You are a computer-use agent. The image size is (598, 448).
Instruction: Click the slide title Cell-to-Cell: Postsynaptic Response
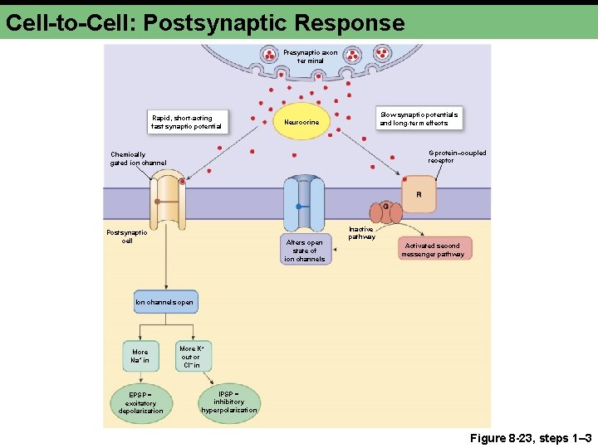pyautogui.click(x=204, y=22)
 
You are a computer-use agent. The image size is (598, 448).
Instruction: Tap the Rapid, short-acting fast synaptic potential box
pyautogui.click(x=187, y=122)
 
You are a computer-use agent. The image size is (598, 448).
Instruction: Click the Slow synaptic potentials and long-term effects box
pyautogui.click(x=419, y=118)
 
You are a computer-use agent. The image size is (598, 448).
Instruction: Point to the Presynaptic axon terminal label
pyautogui.click(x=310, y=56)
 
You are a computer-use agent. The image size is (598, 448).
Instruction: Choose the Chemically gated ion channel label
pyautogui.click(x=138, y=158)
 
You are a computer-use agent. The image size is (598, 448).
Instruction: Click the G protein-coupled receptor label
pyautogui.click(x=457, y=156)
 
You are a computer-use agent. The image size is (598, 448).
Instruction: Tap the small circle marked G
pyautogui.click(x=385, y=206)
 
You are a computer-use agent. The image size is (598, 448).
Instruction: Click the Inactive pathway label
pyautogui.click(x=360, y=232)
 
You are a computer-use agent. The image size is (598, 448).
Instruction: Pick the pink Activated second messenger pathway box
pyautogui.click(x=434, y=249)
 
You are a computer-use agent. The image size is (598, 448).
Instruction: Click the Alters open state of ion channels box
pyautogui.click(x=305, y=250)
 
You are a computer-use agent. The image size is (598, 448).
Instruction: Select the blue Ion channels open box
pyautogui.click(x=165, y=302)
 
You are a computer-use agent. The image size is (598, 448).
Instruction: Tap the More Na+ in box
pyautogui.click(x=140, y=355)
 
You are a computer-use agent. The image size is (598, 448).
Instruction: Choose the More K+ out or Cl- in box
pyautogui.click(x=191, y=356)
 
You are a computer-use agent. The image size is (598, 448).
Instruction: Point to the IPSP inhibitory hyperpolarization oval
pyautogui.click(x=228, y=402)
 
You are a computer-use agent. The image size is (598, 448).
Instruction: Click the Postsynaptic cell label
pyautogui.click(x=127, y=236)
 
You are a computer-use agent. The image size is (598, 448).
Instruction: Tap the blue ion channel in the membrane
pyautogui.click(x=303, y=204)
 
